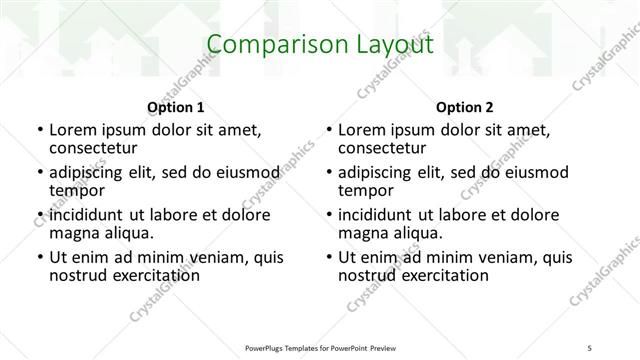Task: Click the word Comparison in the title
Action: coord(268,45)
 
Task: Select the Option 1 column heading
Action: coord(176,107)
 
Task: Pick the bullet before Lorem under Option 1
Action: coord(39,130)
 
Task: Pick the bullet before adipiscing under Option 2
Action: coord(329,173)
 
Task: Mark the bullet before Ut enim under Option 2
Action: coord(329,258)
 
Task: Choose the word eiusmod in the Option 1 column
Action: coord(243,172)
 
